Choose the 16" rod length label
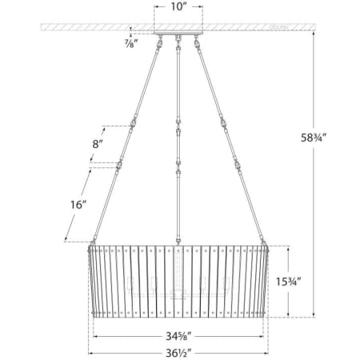click(x=77, y=204)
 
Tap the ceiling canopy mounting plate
click(x=177, y=34)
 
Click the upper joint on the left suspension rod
click(x=134, y=122)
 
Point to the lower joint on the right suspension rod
click(x=237, y=167)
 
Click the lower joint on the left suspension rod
click(x=118, y=167)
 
